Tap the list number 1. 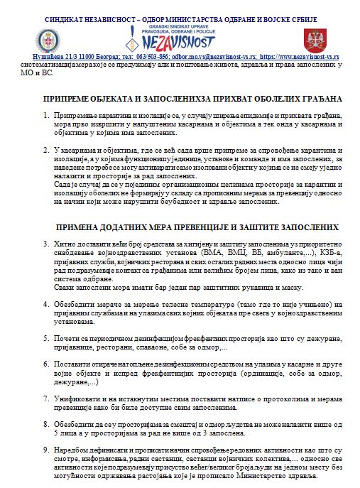point(46,114)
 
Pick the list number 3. point(46,244)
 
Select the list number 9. point(46,451)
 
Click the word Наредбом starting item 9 point(72,451)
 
